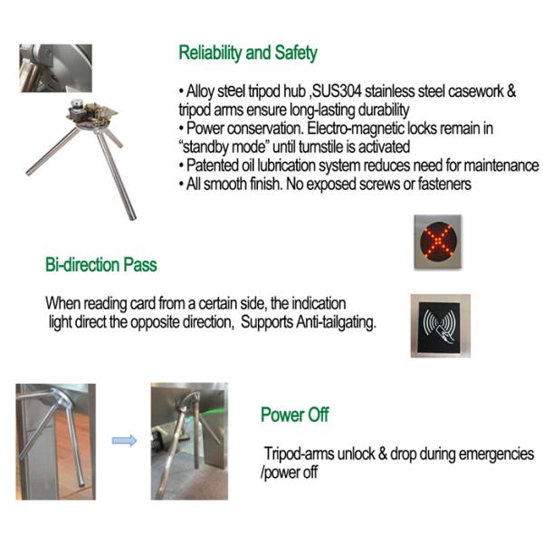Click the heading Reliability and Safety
(247, 52)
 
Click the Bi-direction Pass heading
(100, 265)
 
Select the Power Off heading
(294, 415)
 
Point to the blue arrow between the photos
(125, 441)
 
